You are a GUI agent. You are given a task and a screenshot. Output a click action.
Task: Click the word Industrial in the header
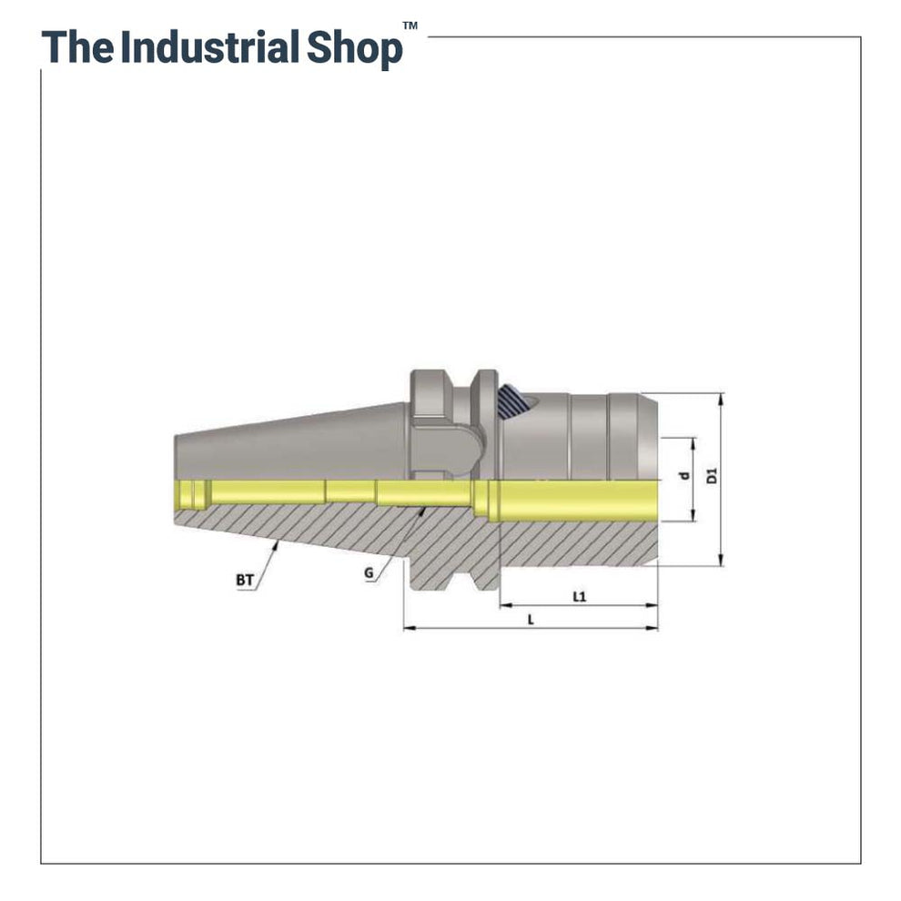pos(209,47)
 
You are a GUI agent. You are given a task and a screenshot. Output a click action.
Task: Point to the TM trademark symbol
pos(410,26)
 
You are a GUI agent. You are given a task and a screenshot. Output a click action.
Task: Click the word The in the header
pos(77,47)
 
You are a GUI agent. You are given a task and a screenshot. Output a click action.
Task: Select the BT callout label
pos(244,579)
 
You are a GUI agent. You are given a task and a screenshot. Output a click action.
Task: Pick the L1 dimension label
pos(578,596)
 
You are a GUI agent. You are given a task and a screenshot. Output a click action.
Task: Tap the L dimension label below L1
pos(530,619)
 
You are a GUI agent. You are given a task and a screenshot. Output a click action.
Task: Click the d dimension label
pos(684,476)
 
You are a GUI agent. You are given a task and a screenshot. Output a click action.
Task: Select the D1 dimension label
pos(713,475)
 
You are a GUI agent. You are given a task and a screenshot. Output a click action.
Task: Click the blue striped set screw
pos(511,400)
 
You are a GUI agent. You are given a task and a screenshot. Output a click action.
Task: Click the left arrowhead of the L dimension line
pos(406,628)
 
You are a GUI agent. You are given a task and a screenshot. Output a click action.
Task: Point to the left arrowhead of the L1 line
pos(502,604)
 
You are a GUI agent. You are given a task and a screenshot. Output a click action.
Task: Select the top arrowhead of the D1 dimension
pos(720,397)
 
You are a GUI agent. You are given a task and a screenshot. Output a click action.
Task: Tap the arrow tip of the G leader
pos(425,510)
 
